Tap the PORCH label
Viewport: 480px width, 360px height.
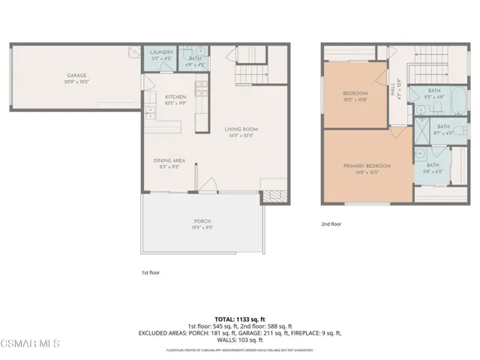(x=201, y=220)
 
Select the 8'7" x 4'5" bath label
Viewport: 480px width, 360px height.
(x=442, y=129)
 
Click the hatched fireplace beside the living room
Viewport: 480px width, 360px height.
(x=268, y=196)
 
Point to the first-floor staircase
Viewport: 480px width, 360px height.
(x=250, y=75)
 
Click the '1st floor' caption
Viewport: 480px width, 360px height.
(x=150, y=272)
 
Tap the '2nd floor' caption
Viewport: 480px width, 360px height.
(x=331, y=223)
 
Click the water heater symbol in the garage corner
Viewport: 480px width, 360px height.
(x=133, y=52)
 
